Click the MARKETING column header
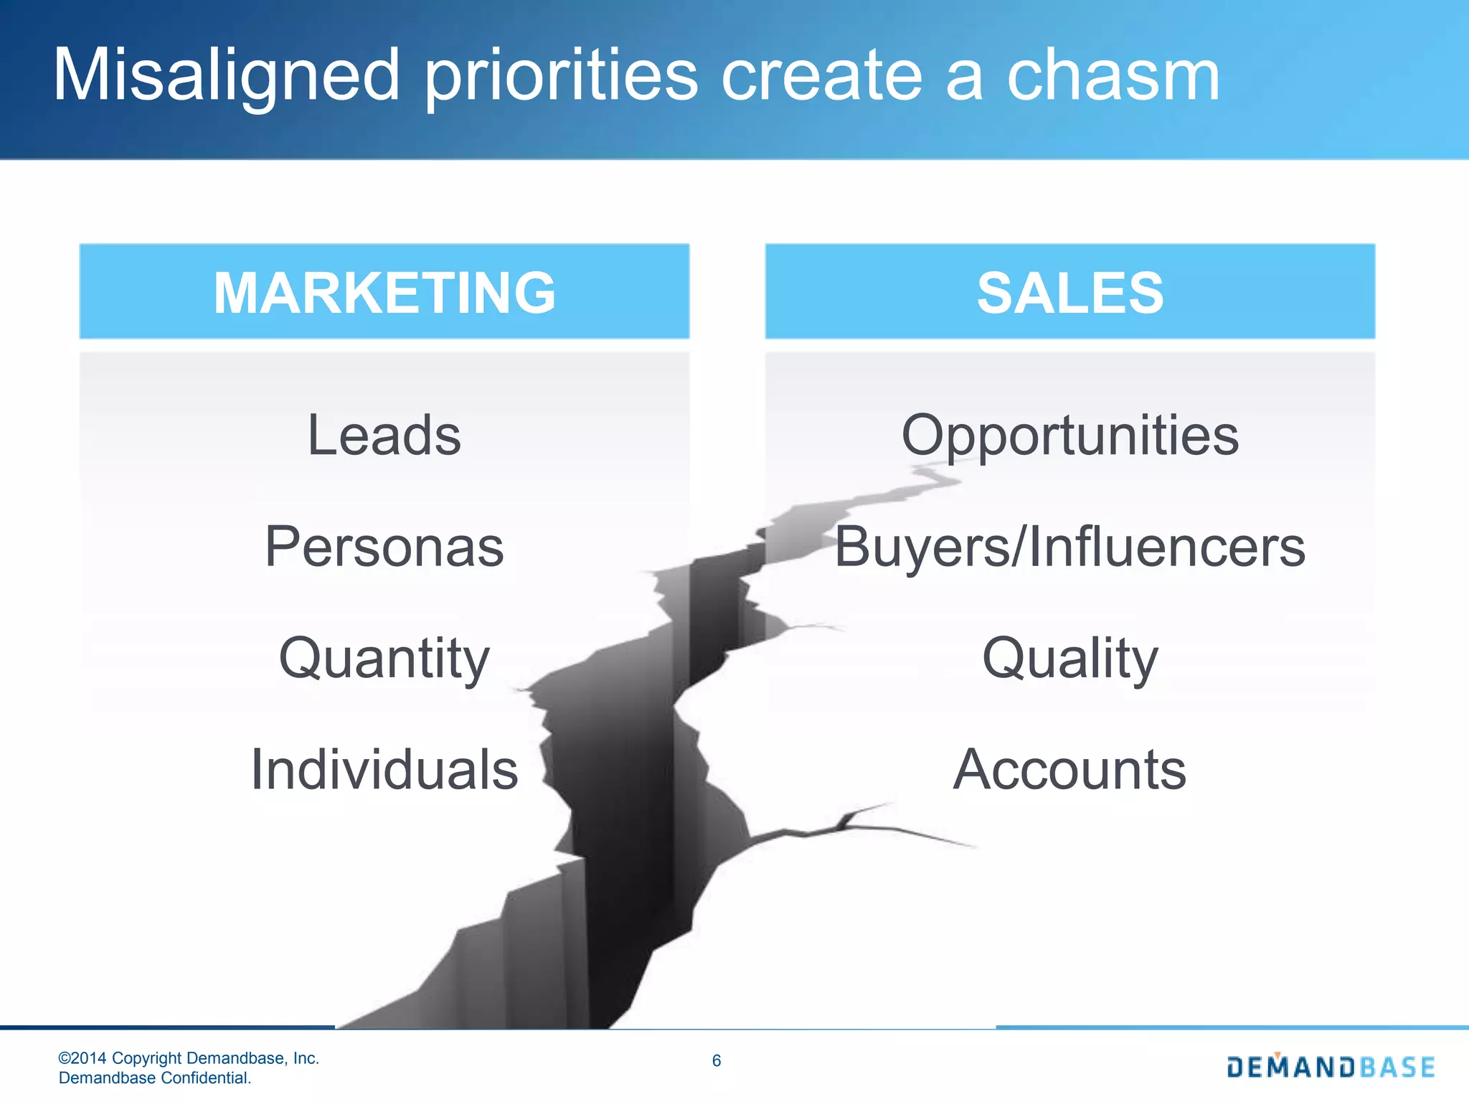coord(384,292)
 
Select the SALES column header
coord(1069,292)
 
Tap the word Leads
coord(384,435)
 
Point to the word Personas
coord(384,547)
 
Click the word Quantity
coord(384,658)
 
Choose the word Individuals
coord(384,769)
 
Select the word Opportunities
coord(1069,435)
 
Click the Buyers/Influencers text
coord(1069,547)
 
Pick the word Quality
coord(1069,658)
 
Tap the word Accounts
coord(1069,769)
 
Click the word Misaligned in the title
coord(226,75)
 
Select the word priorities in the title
coord(561,75)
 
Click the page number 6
coord(716,1060)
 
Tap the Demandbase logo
coord(1331,1067)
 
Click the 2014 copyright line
coord(189,1058)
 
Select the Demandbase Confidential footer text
coord(155,1078)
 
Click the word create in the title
coord(821,75)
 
